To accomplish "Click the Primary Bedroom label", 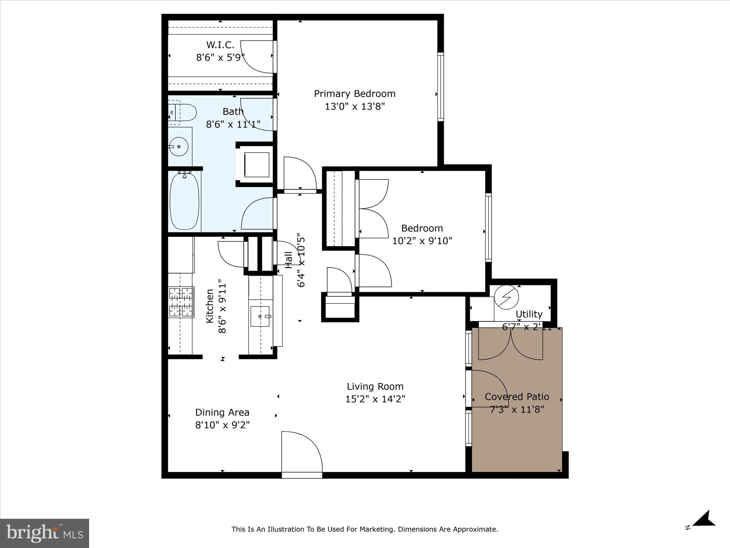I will [355, 94].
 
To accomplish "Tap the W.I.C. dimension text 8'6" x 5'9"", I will [220, 58].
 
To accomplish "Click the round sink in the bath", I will [178, 147].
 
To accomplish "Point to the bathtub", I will [184, 201].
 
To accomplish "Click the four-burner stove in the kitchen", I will [181, 302].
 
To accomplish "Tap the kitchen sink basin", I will [260, 316].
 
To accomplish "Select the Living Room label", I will [375, 386].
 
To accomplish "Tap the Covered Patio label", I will [516, 397].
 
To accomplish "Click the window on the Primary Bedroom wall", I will [441, 87].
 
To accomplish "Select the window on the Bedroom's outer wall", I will [488, 228].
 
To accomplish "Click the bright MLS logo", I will [45, 533].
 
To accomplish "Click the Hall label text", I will [288, 260].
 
